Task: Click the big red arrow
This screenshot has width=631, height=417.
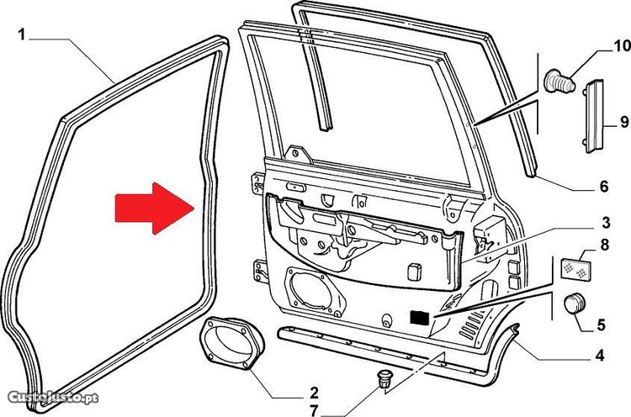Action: (155, 208)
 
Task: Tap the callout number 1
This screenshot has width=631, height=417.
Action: (22, 35)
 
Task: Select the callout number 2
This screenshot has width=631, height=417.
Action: (315, 393)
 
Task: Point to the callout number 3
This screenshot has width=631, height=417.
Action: (606, 223)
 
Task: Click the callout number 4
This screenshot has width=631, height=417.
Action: (600, 356)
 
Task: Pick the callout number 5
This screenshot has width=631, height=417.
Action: (602, 325)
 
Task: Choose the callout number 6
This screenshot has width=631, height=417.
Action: (604, 187)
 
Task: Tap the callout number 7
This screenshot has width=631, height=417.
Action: (315, 410)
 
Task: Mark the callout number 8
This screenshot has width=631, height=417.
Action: (604, 245)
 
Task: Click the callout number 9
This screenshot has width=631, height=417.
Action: (624, 122)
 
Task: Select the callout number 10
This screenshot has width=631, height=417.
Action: (622, 46)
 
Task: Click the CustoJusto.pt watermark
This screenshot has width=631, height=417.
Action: (53, 398)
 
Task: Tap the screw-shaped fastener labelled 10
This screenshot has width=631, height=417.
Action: (559, 82)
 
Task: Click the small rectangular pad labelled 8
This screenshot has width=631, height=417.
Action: (575, 269)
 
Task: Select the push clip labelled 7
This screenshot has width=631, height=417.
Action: (384, 378)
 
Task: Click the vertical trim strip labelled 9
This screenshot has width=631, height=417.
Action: (594, 116)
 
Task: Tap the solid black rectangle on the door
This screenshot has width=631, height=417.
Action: (420, 319)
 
